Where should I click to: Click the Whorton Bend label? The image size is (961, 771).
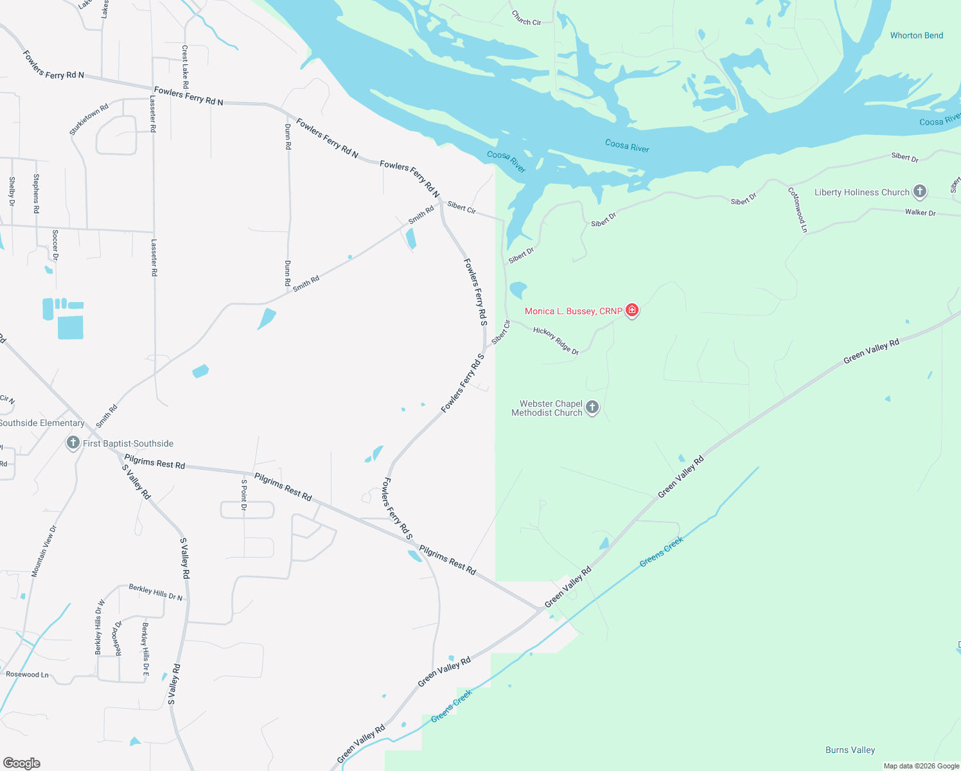coord(916,35)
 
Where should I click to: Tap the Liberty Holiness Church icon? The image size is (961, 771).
coord(920,191)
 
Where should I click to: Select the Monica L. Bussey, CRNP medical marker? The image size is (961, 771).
coord(632,311)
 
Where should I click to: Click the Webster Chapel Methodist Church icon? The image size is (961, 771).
coord(592,407)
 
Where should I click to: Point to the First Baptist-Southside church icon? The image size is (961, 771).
coord(73,443)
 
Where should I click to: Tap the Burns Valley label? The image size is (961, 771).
coord(850,750)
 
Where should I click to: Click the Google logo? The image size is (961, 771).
coord(22,763)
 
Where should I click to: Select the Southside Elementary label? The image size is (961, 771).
coord(42,423)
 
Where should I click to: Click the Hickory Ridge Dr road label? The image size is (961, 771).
coord(556,341)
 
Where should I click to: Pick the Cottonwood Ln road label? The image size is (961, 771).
coord(798,209)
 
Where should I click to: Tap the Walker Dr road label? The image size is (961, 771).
coord(920,212)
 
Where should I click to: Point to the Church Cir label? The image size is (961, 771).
coord(526,18)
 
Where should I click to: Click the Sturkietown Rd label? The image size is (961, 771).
coord(89,119)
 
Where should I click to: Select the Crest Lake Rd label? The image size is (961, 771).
coord(185,67)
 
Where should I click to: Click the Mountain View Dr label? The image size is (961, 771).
coord(44,551)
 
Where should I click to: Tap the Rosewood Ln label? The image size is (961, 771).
coord(27,675)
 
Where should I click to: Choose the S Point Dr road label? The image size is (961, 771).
coord(244,495)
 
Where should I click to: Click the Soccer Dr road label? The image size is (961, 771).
coord(55,245)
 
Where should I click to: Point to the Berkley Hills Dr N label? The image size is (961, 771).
coord(155,592)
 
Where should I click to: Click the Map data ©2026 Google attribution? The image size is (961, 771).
coord(921,766)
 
